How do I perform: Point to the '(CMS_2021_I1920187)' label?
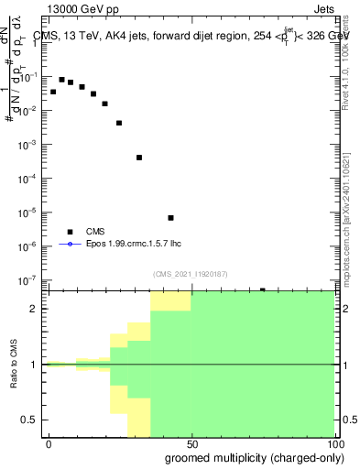190,274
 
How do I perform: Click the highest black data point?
61,80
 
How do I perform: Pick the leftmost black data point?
53,93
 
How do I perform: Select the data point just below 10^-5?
170,218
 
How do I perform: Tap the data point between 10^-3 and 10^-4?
139,158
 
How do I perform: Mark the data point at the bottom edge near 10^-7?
262,290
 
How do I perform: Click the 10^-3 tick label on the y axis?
30,145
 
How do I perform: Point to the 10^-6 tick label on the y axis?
30,245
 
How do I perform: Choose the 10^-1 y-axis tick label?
30,77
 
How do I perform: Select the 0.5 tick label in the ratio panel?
33,420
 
